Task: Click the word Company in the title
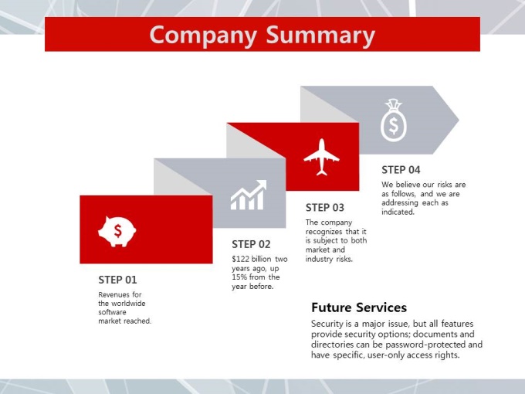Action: (203, 36)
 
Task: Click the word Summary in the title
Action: (320, 36)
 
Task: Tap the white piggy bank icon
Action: (117, 232)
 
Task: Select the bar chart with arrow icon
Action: (249, 195)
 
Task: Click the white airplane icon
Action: (321, 157)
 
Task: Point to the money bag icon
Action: (394, 120)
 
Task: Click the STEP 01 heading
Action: (117, 280)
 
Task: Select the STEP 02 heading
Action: (251, 244)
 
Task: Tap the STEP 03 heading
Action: (325, 208)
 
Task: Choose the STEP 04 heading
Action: (401, 170)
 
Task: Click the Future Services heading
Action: (359, 307)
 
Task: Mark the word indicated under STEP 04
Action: (398, 212)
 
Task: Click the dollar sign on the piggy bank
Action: (117, 231)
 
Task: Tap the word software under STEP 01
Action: (112, 312)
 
